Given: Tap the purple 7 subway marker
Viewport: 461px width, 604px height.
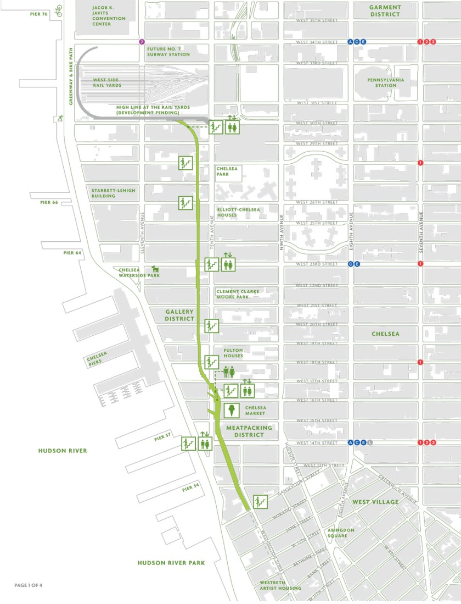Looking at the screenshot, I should pyautogui.click(x=142, y=42).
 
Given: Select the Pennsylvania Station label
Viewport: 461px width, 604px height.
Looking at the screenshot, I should pyautogui.click(x=382, y=82).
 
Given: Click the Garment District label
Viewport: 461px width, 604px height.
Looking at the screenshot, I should pyautogui.click(x=385, y=10).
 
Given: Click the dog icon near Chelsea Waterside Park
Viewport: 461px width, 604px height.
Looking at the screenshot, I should pyautogui.click(x=155, y=269).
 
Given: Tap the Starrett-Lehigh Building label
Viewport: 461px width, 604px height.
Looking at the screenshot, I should pyautogui.click(x=113, y=193).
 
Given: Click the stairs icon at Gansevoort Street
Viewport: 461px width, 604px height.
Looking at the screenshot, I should pyautogui.click(x=260, y=502).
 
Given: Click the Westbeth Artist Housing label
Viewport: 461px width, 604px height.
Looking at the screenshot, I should pyautogui.click(x=280, y=585).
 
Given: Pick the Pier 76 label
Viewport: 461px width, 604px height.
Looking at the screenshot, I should pyautogui.click(x=38, y=13).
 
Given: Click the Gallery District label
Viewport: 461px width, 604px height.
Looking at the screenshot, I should pyautogui.click(x=180, y=315).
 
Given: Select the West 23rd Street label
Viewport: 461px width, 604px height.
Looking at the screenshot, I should pyautogui.click(x=317, y=264).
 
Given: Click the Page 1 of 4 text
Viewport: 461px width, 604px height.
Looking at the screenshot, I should pyautogui.click(x=28, y=585).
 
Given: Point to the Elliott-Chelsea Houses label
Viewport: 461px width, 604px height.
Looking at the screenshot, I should pyautogui.click(x=234, y=212).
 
